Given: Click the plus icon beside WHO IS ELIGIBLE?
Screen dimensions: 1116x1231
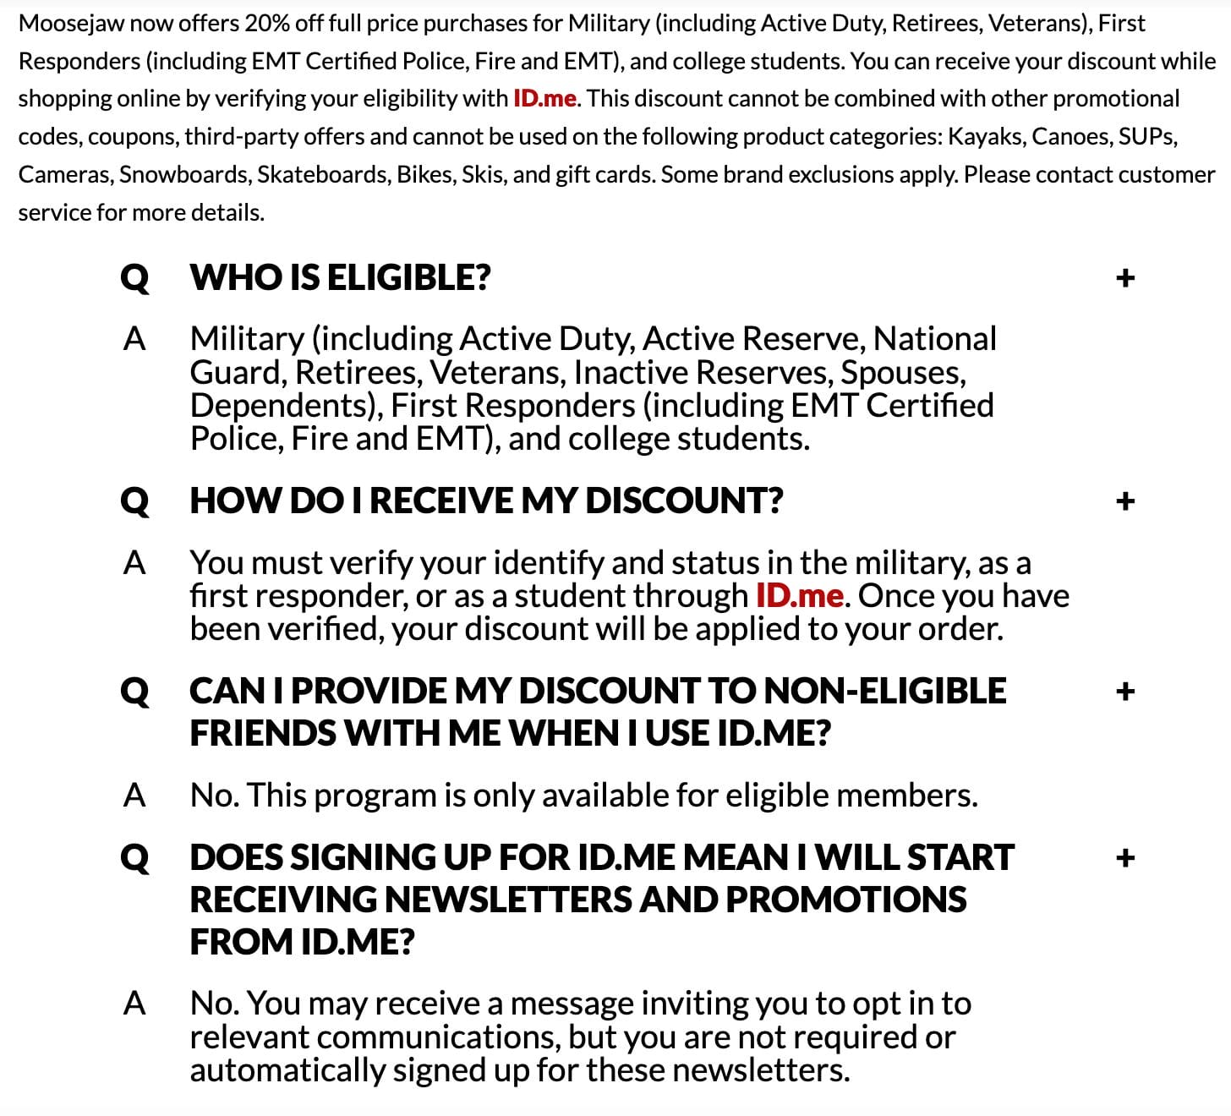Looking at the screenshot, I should pos(1124,278).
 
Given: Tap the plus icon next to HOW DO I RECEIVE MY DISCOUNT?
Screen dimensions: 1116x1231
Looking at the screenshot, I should pos(1124,501).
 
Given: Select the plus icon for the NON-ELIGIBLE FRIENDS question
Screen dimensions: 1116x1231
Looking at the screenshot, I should pos(1124,692).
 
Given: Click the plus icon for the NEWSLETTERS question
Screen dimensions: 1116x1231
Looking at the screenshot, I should pos(1124,858).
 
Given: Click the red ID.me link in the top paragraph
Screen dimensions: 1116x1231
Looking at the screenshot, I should pos(544,99).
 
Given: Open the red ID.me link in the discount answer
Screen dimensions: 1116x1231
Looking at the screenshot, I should pos(799,596).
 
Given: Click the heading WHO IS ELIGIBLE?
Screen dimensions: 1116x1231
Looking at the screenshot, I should pos(340,278).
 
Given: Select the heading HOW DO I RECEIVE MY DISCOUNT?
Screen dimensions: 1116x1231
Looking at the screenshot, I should pos(486,501).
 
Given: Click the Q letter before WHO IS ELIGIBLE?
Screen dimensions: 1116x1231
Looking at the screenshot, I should pos(134,278).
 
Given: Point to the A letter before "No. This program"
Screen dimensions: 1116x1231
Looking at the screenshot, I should pos(134,796).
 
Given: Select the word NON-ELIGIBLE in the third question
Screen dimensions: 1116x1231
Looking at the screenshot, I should pos(884,692).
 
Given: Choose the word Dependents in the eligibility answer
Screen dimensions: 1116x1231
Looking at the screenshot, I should pos(286,406).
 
